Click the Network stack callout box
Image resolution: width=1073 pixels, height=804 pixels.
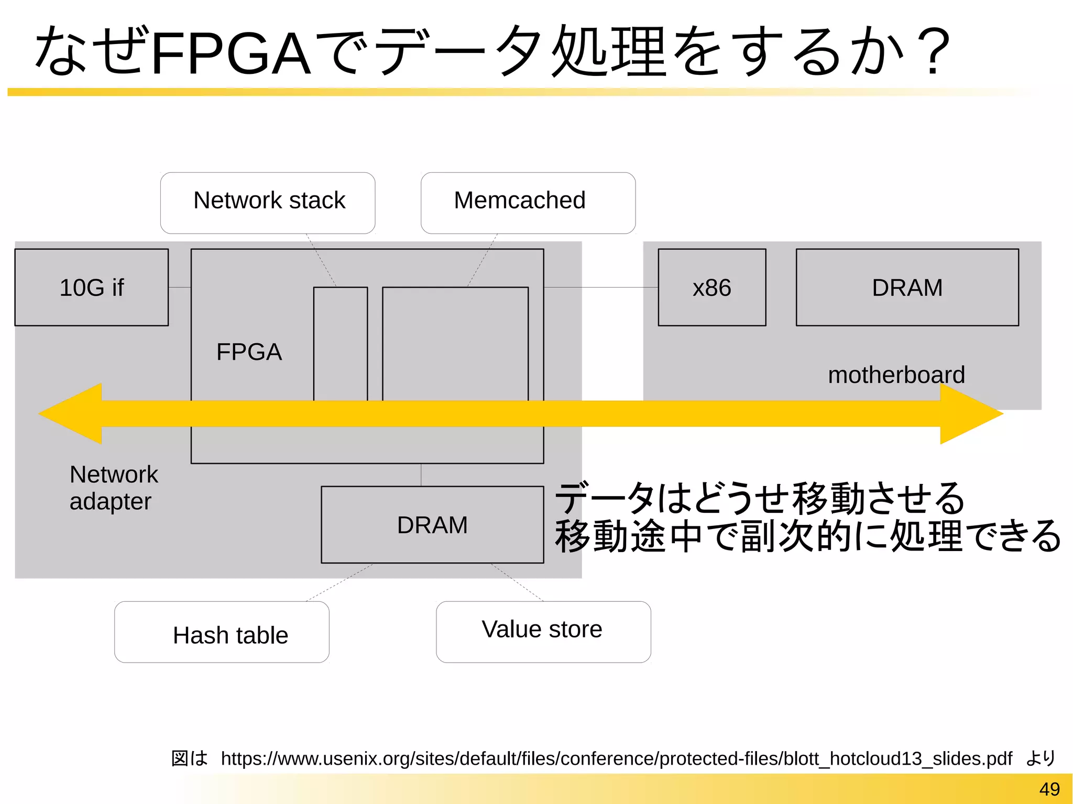pyautogui.click(x=268, y=203)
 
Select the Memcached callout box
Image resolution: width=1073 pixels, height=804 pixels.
pyautogui.click(x=528, y=203)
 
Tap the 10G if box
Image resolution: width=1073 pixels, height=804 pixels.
pyautogui.click(x=92, y=288)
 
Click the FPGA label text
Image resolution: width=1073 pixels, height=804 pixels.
pyautogui.click(x=249, y=352)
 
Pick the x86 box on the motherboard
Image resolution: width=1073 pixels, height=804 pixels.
pyautogui.click(x=711, y=288)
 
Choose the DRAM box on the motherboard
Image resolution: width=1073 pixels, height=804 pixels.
pyautogui.click(x=907, y=288)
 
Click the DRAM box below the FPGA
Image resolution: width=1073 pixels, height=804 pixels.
pyautogui.click(x=432, y=525)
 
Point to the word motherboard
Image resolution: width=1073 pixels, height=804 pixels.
pyautogui.click(x=896, y=375)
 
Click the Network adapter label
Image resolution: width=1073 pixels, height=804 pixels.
pyautogui.click(x=113, y=488)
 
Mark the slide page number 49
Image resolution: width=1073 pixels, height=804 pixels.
pyautogui.click(x=1049, y=789)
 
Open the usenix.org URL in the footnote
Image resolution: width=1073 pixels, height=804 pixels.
pyautogui.click(x=616, y=758)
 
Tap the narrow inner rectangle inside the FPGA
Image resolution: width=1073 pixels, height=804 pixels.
pyautogui.click(x=341, y=343)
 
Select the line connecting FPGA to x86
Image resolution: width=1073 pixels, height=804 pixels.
pyautogui.click(x=600, y=287)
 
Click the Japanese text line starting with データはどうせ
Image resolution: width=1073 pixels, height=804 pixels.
pyautogui.click(x=759, y=498)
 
